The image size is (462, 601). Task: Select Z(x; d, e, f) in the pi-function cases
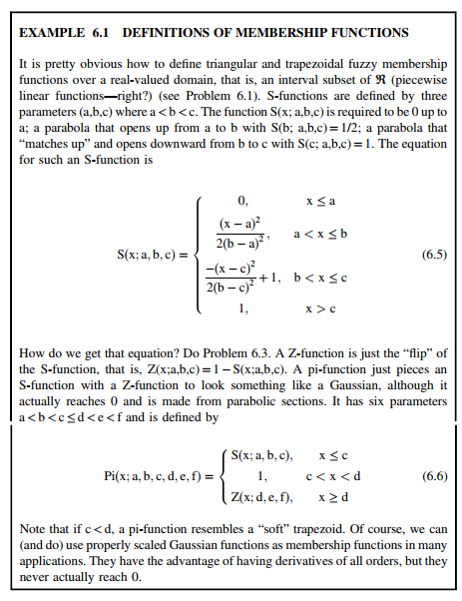tap(262, 497)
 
